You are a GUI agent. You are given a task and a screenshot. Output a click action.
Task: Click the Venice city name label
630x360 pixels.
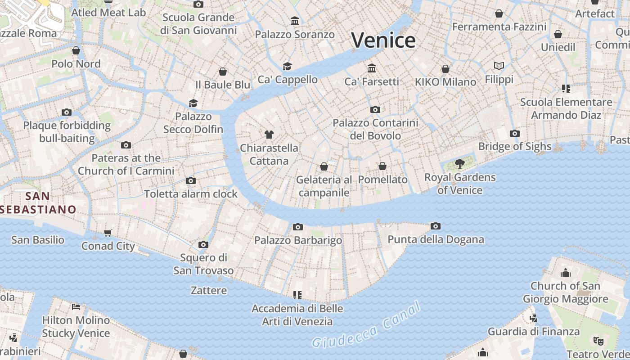[383, 40]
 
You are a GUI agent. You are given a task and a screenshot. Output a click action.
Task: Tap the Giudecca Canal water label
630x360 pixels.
[367, 325]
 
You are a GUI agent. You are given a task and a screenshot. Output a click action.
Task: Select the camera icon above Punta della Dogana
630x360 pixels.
[435, 226]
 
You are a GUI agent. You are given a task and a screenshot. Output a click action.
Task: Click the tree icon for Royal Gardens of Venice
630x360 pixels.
[459, 163]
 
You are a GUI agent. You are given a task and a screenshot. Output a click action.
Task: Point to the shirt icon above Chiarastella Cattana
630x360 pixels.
[269, 134]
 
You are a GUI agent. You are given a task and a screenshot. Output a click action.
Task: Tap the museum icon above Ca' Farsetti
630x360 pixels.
[372, 68]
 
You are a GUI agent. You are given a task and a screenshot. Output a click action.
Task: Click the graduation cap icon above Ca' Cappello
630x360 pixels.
[287, 66]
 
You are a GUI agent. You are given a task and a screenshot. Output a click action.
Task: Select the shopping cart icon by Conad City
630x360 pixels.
[108, 233]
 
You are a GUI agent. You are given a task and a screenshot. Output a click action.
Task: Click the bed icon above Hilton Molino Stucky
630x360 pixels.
[76, 307]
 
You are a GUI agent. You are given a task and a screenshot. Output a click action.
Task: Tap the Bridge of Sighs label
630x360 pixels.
[514, 146]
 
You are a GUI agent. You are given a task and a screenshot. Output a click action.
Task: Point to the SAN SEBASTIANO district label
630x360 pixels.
[38, 203]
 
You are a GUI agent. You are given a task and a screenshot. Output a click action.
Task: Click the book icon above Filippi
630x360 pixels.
[499, 66]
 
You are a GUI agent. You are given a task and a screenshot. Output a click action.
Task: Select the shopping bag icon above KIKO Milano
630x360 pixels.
[445, 69]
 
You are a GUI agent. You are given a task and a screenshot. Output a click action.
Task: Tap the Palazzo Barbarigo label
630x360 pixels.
[298, 240]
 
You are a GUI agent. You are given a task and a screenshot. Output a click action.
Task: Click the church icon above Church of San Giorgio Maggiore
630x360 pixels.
[565, 273]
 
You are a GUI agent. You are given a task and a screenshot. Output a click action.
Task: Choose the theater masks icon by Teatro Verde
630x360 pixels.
[598, 341]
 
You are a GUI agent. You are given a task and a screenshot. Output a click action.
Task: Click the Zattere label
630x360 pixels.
[209, 290]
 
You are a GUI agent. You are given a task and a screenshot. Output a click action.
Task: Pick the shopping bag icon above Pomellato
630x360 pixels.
[382, 166]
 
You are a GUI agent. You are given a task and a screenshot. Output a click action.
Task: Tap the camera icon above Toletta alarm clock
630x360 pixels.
[191, 180]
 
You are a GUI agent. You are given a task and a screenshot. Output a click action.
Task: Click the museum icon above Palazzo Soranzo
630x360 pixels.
[295, 21]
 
